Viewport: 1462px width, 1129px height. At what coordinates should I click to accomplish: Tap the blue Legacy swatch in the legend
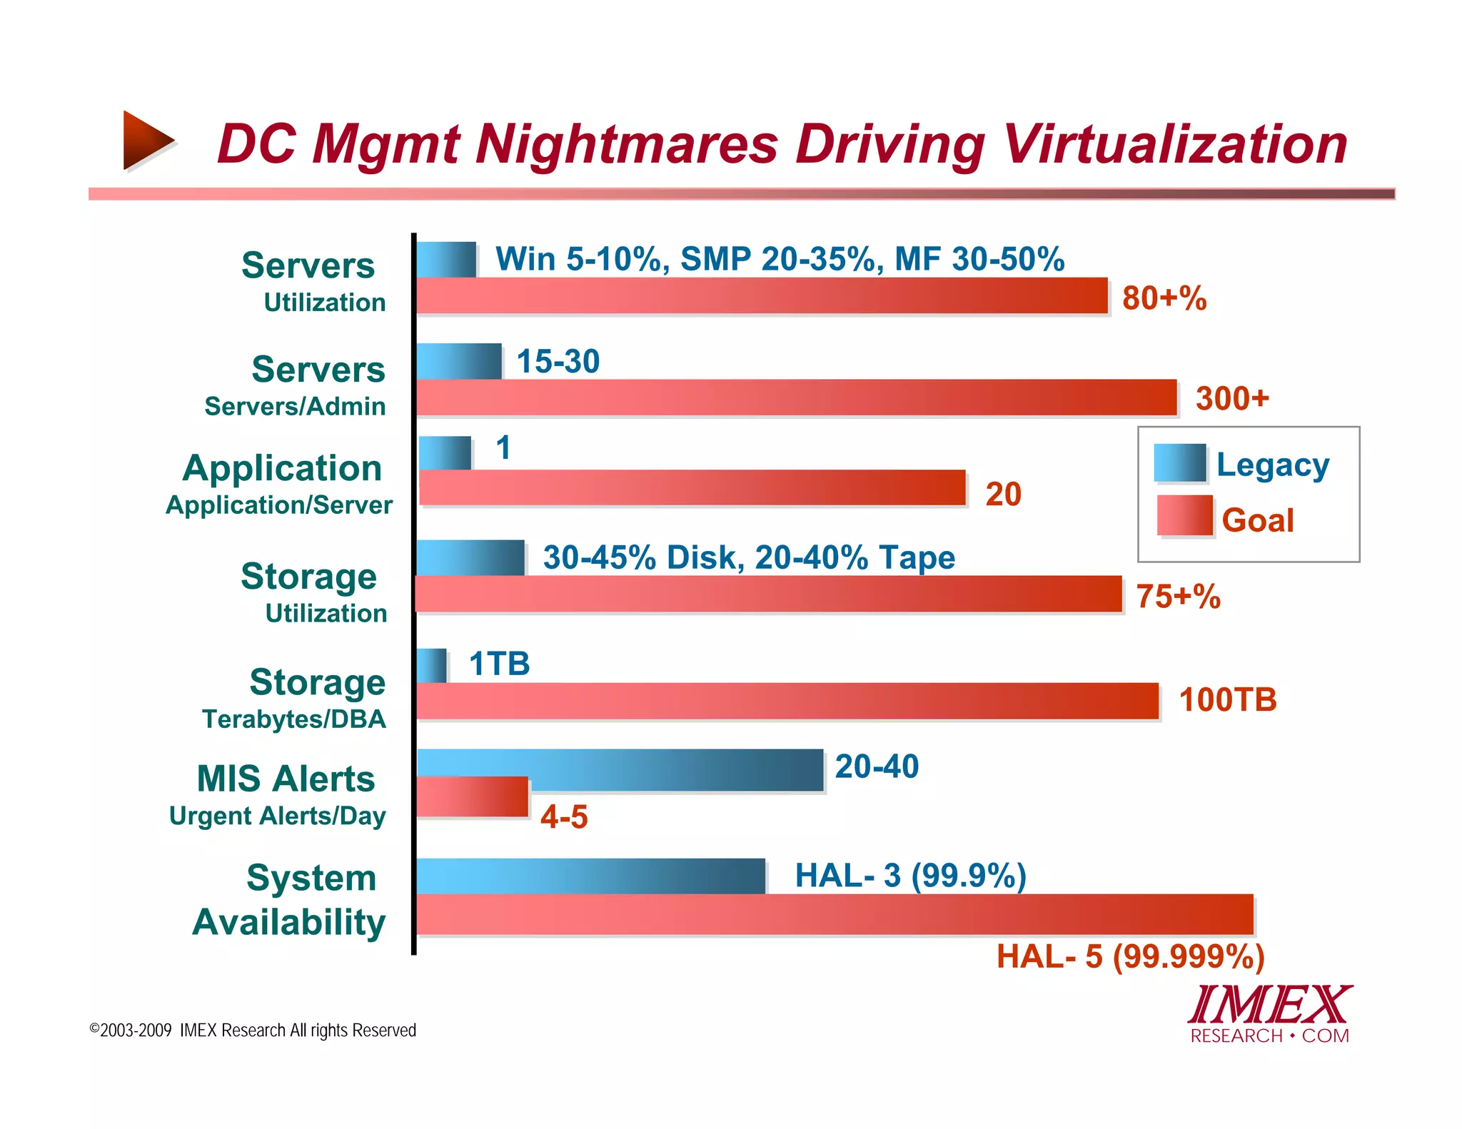pyautogui.click(x=1179, y=463)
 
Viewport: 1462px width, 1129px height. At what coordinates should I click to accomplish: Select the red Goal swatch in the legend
pyautogui.click(x=1184, y=515)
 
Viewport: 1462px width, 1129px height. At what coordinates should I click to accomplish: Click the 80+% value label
pyautogui.click(x=1164, y=298)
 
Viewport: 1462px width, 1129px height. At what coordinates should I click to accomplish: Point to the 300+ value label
pyautogui.click(x=1232, y=398)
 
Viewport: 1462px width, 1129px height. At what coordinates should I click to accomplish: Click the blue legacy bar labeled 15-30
pyautogui.click(x=459, y=361)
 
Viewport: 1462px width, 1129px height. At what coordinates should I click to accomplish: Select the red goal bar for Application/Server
pyautogui.click(x=692, y=488)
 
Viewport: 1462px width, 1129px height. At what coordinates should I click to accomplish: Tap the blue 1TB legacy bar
pyautogui.click(x=432, y=665)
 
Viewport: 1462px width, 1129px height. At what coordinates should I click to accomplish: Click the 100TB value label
pyautogui.click(x=1227, y=700)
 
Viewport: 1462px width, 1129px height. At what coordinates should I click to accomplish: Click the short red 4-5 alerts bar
pyautogui.click(x=473, y=797)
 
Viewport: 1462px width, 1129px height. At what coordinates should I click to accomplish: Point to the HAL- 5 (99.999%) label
pyautogui.click(x=1130, y=956)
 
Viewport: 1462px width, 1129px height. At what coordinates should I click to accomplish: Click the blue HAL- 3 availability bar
pyautogui.click(x=590, y=876)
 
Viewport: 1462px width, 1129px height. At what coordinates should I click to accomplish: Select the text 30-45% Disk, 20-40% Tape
pyautogui.click(x=749, y=558)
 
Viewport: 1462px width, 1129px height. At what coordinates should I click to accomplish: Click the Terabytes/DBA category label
pyautogui.click(x=294, y=719)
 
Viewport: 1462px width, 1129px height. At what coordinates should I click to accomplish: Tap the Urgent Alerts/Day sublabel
pyautogui.click(x=278, y=816)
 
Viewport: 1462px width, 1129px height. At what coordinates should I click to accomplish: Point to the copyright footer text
pyautogui.click(x=253, y=1031)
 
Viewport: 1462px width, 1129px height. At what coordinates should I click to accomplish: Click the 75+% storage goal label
pyautogui.click(x=1178, y=597)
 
